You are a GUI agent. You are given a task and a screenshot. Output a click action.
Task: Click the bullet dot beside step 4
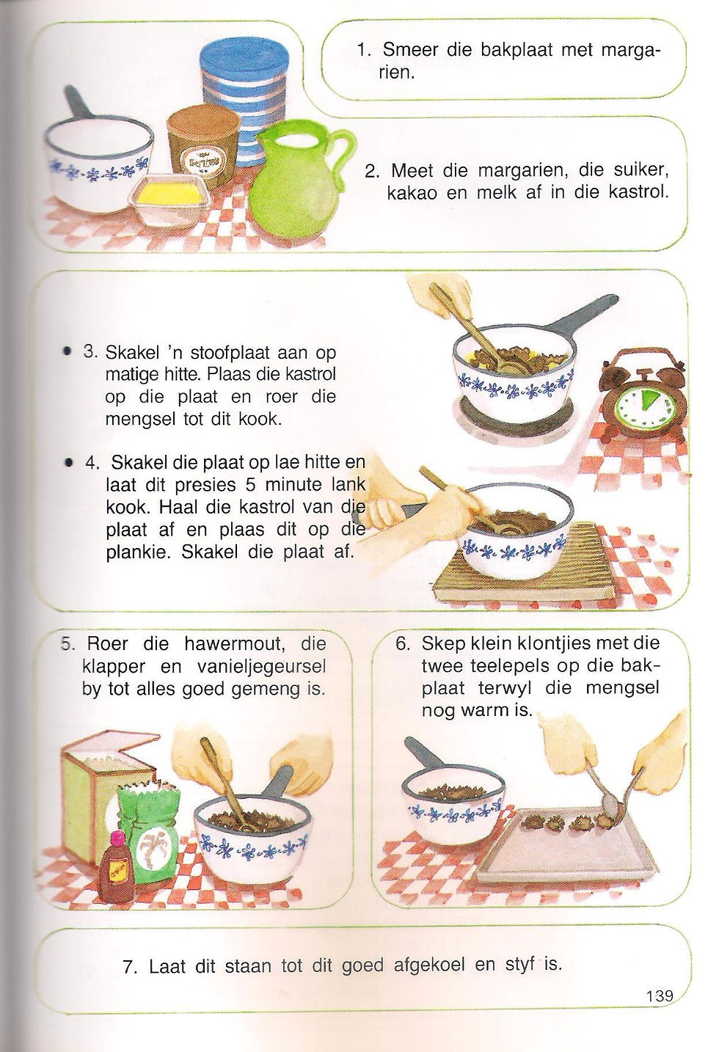70,463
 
